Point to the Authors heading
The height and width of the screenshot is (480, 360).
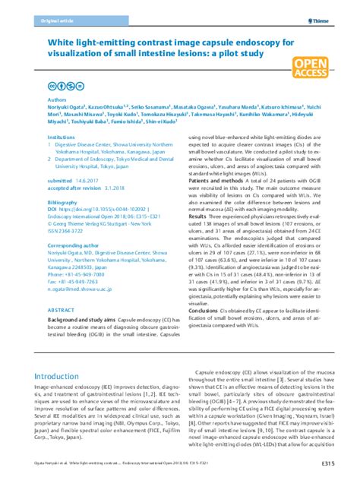[x=58, y=120]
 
